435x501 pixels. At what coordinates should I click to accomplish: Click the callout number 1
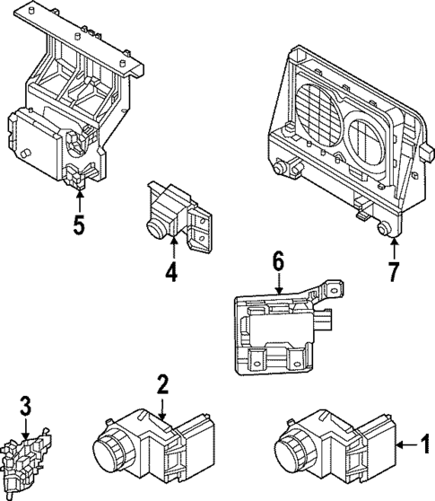click(x=426, y=443)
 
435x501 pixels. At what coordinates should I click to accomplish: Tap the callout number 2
click(x=162, y=385)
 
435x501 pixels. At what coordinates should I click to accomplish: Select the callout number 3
click(x=26, y=407)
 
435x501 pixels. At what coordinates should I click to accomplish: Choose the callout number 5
click(x=79, y=223)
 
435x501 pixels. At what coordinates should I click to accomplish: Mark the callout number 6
click(x=278, y=261)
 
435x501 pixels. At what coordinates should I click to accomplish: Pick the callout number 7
click(x=392, y=270)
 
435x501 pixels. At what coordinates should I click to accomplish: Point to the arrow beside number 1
click(x=406, y=443)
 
